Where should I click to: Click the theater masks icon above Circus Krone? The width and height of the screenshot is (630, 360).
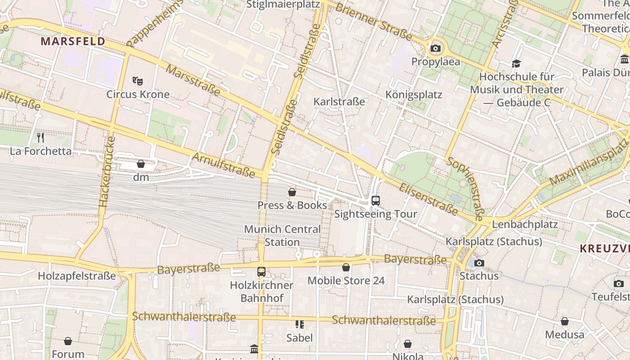pos(138,81)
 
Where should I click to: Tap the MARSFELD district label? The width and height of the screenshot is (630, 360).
pos(73,41)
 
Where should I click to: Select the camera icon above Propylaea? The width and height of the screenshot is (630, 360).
pos(436,49)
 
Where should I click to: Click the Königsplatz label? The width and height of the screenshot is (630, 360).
pos(414,94)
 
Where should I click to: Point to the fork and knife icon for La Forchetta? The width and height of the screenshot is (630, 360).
pos(40,137)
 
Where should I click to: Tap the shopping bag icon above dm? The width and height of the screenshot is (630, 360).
pos(141,164)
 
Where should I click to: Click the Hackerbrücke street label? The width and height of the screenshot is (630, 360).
pos(106,172)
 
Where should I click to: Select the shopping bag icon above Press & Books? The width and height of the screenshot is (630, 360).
pos(292,192)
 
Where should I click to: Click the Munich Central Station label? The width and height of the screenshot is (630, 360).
pos(282,235)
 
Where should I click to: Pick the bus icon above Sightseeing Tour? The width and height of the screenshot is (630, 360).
pos(376,201)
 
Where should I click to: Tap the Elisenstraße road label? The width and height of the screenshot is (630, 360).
pos(428,199)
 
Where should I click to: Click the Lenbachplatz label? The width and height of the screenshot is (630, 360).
pos(525,224)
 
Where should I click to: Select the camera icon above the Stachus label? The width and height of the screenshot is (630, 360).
pos(479,263)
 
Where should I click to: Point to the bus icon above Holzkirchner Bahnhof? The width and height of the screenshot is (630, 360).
pos(261,272)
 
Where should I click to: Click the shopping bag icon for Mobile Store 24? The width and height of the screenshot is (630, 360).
pos(346,268)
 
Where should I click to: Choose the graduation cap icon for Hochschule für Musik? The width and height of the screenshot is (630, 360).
pos(516,64)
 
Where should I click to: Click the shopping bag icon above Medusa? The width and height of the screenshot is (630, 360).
pos(564,321)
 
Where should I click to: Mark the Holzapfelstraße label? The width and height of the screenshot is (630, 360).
pos(77,276)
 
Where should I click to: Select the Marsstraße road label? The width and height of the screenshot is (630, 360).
pos(193,80)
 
